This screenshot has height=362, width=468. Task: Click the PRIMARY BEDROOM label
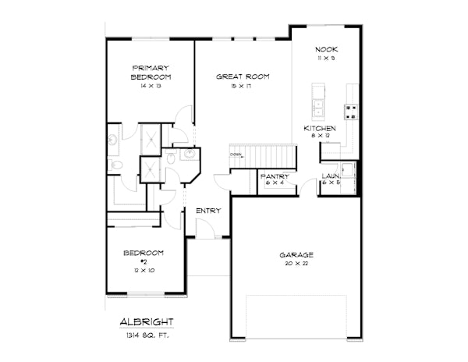(151, 73)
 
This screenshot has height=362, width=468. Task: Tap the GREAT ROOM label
(243, 76)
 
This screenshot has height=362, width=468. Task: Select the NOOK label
(326, 48)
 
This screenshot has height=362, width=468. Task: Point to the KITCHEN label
(320, 128)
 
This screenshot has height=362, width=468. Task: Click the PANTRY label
(274, 177)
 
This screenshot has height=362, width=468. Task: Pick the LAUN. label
(331, 177)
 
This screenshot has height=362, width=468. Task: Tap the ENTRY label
(208, 211)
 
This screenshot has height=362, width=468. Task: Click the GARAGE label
(296, 255)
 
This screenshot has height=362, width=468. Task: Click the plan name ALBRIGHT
(147, 321)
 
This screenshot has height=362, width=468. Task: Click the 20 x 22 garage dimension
(296, 264)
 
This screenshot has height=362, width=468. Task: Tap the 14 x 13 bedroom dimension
(151, 86)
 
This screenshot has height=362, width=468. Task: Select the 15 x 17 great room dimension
(243, 86)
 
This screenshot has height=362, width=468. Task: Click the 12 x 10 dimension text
(144, 271)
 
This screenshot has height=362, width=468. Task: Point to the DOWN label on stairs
(236, 154)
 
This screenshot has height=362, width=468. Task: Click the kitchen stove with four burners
(351, 112)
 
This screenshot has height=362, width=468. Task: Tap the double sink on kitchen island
(319, 102)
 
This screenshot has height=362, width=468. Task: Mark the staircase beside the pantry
(264, 155)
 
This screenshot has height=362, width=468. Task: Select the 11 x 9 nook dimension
(326, 59)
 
